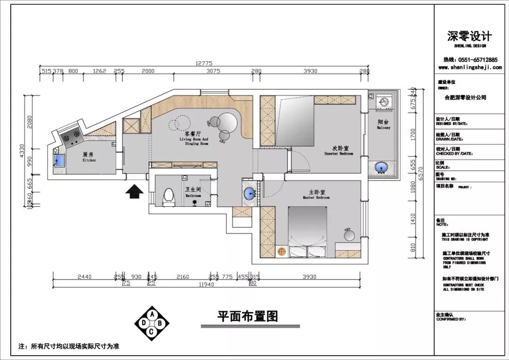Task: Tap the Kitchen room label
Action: [89, 157]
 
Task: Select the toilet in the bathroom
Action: [168, 197]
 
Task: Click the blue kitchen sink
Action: [60, 160]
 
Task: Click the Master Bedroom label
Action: [316, 194]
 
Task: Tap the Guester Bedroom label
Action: [338, 151]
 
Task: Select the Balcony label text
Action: [383, 125]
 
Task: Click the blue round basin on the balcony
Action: [381, 167]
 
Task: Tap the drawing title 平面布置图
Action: [247, 316]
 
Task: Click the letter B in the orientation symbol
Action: [160, 323]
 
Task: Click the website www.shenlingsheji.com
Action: [466, 67]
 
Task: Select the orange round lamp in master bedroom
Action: [282, 252]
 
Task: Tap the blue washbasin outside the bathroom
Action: [249, 194]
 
